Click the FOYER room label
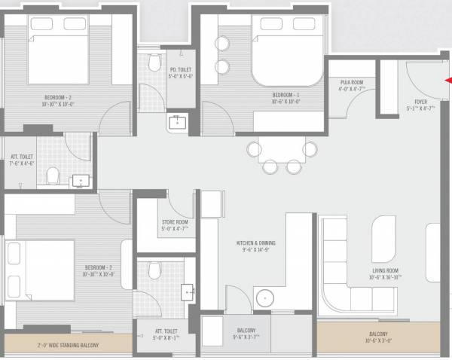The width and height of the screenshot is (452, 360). point(420,101)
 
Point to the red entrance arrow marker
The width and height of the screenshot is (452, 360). point(447,80)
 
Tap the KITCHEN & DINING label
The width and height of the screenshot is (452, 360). point(256,243)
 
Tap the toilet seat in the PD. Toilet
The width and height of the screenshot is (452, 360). point(154,60)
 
